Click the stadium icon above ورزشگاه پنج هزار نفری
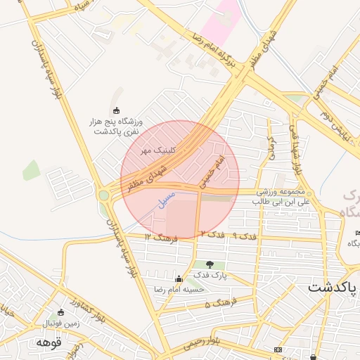click(x=117, y=110)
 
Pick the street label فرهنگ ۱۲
click(x=162, y=239)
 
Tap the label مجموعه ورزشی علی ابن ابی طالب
click(x=281, y=196)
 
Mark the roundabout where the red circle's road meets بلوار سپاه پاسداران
click(x=104, y=195)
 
